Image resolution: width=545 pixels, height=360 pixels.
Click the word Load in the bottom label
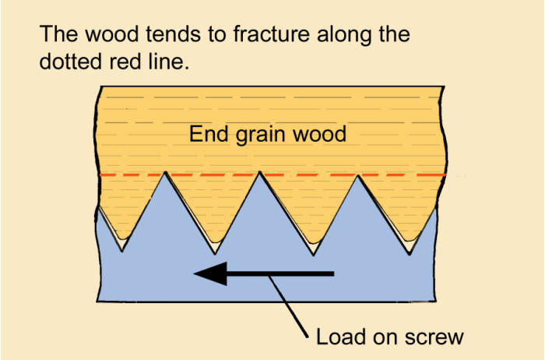click(x=337, y=337)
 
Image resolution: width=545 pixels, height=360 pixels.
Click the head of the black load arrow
click(x=210, y=274)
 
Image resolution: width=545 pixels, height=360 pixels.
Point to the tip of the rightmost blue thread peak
click(x=359, y=175)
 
